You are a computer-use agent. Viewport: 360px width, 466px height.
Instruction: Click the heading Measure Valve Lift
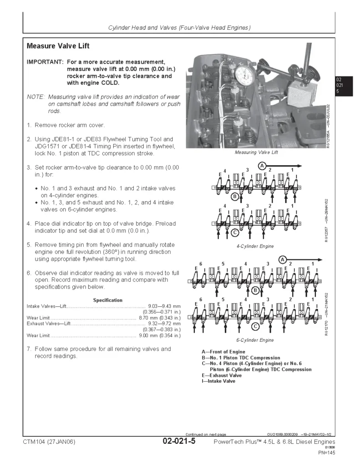point(58,46)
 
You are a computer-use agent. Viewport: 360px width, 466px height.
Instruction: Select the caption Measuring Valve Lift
point(256,152)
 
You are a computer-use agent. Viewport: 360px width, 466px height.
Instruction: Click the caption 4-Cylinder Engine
point(255,246)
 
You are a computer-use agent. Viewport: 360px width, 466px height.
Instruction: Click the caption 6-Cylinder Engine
point(255,340)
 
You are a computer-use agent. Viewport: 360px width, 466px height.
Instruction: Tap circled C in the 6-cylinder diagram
point(255,326)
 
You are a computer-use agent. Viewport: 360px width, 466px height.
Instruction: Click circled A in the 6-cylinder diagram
point(283,259)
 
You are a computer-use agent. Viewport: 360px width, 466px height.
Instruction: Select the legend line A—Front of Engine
point(223,352)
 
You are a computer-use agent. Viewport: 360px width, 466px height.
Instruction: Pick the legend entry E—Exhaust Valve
point(222,375)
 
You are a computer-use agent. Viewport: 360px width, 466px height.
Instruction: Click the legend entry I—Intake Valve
point(218,381)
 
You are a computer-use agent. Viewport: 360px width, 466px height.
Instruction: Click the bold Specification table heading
point(108,300)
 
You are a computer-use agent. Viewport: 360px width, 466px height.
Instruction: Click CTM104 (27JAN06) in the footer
point(49,442)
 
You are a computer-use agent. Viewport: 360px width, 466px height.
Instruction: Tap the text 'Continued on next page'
point(205,434)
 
